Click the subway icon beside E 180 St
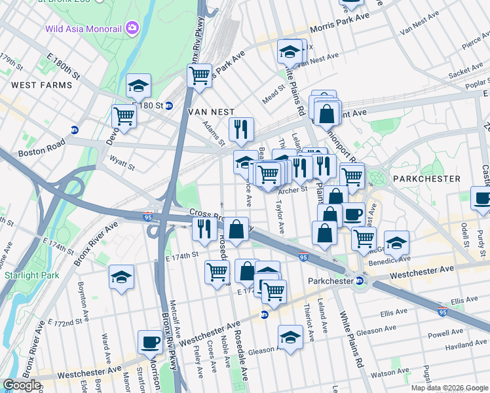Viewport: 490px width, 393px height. tap(168, 105)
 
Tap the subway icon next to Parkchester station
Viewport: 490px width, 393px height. tap(358, 281)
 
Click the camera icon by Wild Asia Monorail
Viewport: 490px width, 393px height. tap(132, 28)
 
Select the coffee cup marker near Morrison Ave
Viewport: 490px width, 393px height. tap(151, 341)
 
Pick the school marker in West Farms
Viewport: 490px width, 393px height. tap(138, 85)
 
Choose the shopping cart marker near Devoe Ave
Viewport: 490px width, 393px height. tap(124, 116)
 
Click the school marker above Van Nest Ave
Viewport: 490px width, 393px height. tap(290, 50)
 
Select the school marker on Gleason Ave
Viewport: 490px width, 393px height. tap(290, 337)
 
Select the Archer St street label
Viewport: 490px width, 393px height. tap(292, 190)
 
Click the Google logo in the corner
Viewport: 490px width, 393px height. tap(22, 385)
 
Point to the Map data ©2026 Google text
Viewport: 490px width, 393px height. tap(449, 388)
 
